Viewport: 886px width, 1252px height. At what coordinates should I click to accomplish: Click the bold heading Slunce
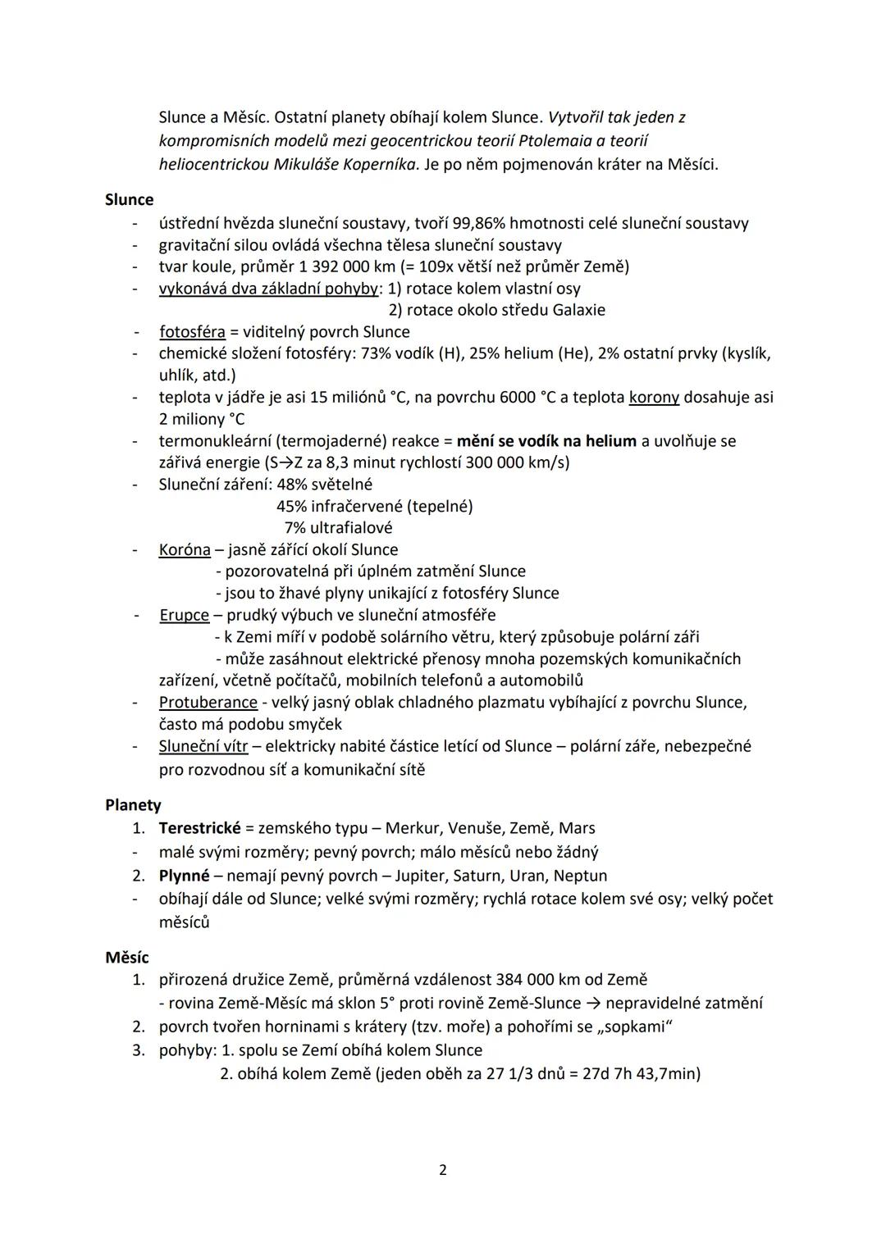click(x=129, y=199)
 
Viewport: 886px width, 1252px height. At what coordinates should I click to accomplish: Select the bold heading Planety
click(x=133, y=805)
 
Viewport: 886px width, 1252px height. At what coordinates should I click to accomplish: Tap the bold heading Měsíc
click(x=127, y=957)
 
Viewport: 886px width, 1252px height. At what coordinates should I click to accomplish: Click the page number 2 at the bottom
click(x=443, y=1170)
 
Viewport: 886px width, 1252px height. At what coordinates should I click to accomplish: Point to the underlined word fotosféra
click(x=192, y=332)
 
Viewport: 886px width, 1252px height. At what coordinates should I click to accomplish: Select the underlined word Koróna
click(x=185, y=549)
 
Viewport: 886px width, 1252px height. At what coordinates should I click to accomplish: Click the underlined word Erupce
click(x=185, y=615)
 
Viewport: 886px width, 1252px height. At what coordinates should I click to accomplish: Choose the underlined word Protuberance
click(x=208, y=703)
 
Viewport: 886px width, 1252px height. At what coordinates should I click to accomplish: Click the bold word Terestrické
click(x=200, y=828)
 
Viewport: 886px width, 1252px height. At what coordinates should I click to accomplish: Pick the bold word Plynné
click(x=185, y=876)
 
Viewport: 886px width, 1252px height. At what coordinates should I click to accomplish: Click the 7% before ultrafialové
click(x=295, y=528)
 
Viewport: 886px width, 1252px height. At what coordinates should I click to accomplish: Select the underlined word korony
click(x=654, y=398)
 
